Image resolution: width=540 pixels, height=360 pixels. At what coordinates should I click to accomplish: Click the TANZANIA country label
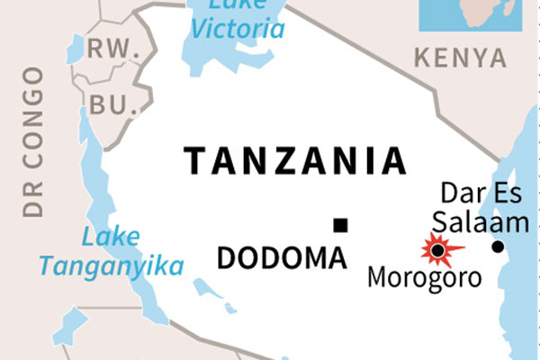[295, 160]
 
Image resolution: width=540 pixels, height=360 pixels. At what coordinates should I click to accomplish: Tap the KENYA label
[460, 59]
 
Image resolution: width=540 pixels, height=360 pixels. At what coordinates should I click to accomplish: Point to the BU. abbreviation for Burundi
[108, 104]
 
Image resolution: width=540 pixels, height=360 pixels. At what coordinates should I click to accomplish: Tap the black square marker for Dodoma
[339, 225]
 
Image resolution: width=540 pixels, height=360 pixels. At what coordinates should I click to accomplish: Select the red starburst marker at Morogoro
[438, 248]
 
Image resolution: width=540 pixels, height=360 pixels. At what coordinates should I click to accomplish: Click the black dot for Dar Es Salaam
[498, 247]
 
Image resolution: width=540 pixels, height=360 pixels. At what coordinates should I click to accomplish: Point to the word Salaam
[466, 220]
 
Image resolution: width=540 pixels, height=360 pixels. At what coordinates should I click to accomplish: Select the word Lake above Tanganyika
[111, 238]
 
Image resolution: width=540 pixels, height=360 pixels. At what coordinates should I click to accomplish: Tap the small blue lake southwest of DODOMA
[208, 290]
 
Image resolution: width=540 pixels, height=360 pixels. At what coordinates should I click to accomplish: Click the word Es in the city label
[505, 193]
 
